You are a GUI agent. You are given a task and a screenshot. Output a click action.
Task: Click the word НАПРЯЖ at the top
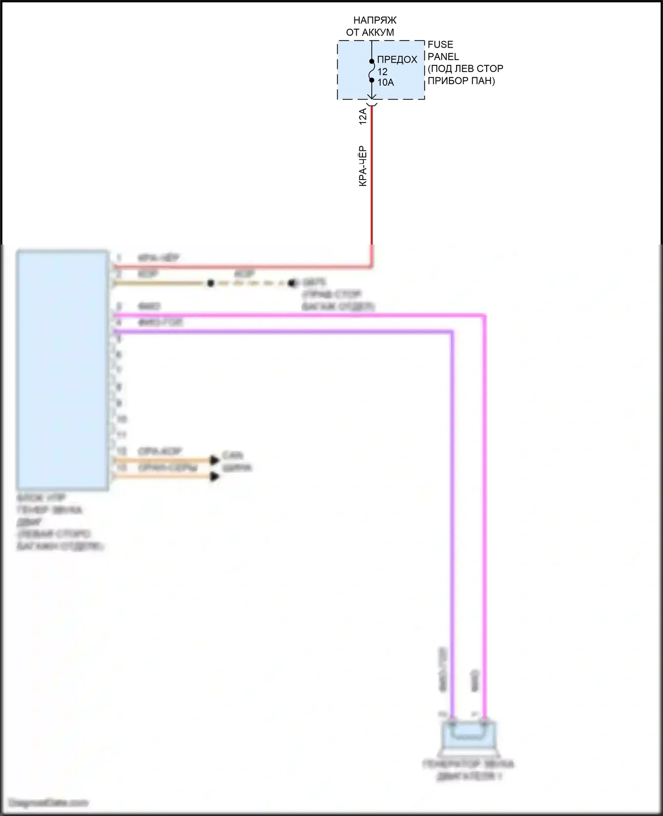pyautogui.click(x=375, y=20)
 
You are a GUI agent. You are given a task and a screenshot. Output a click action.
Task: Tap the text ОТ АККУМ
pyautogui.click(x=370, y=32)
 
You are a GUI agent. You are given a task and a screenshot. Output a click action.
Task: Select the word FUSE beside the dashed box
pyautogui.click(x=440, y=45)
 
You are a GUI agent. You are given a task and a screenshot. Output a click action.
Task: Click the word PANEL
pyautogui.click(x=443, y=57)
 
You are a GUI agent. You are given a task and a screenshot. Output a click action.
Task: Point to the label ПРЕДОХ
pyautogui.click(x=397, y=60)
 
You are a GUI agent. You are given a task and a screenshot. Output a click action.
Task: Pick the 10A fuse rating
pyautogui.click(x=385, y=83)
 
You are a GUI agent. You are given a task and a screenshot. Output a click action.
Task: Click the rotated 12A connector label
pyautogui.click(x=363, y=116)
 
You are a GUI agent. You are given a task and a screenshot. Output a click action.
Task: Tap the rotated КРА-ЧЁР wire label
pyautogui.click(x=363, y=166)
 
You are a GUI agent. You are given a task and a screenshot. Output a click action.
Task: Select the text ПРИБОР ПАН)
pyautogui.click(x=461, y=81)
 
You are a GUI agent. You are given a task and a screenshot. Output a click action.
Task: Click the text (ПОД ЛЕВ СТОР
pyautogui.click(x=465, y=69)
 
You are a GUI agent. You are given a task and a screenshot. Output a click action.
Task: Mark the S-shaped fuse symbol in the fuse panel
pyautogui.click(x=372, y=71)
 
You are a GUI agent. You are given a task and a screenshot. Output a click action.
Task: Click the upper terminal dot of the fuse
pyautogui.click(x=372, y=61)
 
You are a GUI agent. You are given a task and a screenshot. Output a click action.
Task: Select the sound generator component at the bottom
pyautogui.click(x=469, y=736)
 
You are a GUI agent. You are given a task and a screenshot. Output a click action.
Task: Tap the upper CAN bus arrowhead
pyautogui.click(x=215, y=460)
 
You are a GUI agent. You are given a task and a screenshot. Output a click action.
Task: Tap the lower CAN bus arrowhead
pyautogui.click(x=215, y=477)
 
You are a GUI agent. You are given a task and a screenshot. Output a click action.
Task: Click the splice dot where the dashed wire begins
pyautogui.click(x=210, y=283)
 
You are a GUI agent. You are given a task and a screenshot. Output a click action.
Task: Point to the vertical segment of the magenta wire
pyautogui.click(x=484, y=508)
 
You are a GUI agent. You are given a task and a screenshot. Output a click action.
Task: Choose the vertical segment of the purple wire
pyautogui.click(x=452, y=508)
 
